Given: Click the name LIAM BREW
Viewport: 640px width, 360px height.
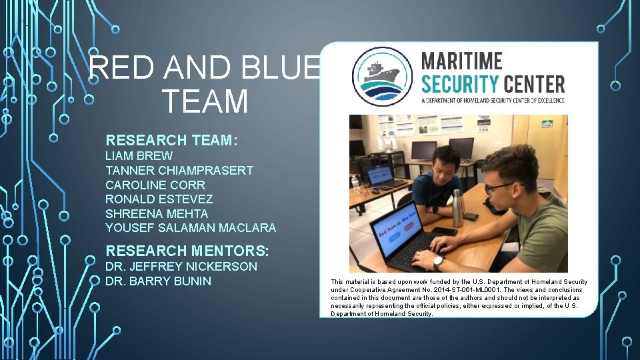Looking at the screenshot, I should [139, 155].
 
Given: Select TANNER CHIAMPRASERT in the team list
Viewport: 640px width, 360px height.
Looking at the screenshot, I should [179, 170].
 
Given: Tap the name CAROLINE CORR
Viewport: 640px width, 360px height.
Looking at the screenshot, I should [155, 185].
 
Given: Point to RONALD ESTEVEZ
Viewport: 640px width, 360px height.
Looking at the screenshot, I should [159, 199].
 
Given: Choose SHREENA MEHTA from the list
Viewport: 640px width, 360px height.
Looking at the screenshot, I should [156, 214].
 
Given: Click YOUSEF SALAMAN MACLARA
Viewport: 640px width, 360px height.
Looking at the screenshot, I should [190, 229].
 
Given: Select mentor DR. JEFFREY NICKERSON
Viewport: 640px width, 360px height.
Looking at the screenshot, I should [181, 267].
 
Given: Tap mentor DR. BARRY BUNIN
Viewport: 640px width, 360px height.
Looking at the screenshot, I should [158, 281].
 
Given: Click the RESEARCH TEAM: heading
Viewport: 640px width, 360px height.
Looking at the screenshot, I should [172, 140].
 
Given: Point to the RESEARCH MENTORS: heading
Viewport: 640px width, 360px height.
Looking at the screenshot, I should [187, 251].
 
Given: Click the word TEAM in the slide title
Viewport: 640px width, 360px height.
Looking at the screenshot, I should [205, 101].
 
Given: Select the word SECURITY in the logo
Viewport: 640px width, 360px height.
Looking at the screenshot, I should [460, 85].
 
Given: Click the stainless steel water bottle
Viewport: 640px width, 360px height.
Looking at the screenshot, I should [458, 208].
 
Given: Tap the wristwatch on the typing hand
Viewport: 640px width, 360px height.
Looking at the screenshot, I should [438, 262].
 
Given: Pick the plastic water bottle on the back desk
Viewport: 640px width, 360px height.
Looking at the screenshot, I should [356, 181].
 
